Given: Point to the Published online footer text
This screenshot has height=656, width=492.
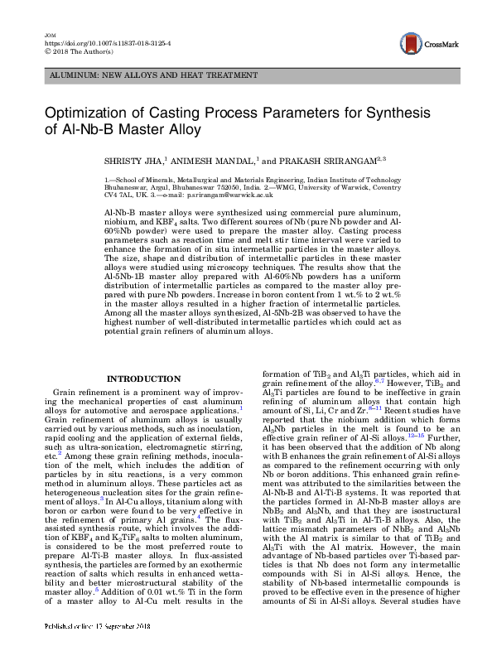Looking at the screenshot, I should pos(79,649).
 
